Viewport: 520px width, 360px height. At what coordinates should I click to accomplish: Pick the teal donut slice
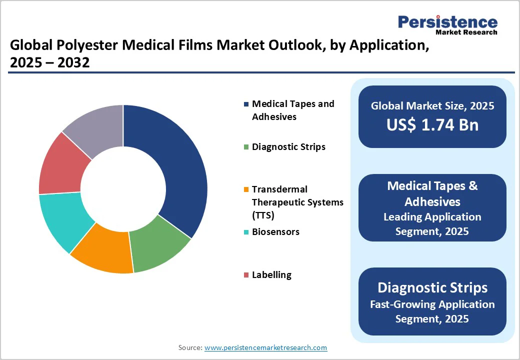click(62, 220)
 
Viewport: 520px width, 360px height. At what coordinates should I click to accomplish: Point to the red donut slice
click(60, 165)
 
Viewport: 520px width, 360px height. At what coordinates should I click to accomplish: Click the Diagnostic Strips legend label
click(288, 146)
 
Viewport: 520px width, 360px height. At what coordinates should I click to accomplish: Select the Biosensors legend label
click(275, 232)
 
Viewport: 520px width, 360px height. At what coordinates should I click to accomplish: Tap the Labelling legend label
click(271, 275)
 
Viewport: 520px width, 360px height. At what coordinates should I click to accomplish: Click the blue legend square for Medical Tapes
click(245, 104)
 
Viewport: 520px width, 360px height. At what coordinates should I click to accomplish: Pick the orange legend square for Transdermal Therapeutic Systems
click(245, 189)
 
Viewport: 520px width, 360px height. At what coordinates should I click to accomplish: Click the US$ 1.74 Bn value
click(432, 125)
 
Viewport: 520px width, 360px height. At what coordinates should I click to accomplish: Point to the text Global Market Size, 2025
click(432, 106)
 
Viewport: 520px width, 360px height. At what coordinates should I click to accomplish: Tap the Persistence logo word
click(447, 22)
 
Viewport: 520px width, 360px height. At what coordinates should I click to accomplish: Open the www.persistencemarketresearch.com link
click(265, 347)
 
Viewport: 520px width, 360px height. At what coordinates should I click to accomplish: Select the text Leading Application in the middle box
click(432, 217)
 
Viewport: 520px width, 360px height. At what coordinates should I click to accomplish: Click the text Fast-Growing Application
click(432, 304)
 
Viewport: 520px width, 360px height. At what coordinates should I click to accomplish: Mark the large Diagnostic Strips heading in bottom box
click(432, 287)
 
